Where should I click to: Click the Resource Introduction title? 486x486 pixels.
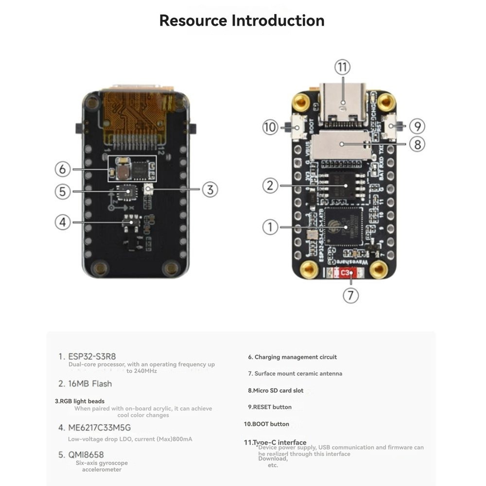(242, 20)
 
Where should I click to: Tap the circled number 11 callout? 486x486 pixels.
(342, 67)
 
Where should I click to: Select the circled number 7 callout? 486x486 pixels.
(351, 295)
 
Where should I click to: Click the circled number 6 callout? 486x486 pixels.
(62, 169)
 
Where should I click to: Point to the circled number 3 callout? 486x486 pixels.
(209, 190)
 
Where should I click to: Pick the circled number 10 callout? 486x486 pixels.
(270, 127)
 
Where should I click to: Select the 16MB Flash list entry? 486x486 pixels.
(85, 383)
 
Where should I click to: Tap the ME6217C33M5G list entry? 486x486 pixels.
(94, 428)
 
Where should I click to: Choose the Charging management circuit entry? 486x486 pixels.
(292, 357)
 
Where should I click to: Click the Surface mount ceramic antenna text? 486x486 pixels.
(295, 374)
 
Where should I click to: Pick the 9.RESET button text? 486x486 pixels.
(270, 407)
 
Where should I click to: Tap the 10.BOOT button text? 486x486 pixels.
(266, 424)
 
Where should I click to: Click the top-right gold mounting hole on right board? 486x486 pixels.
(386, 102)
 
